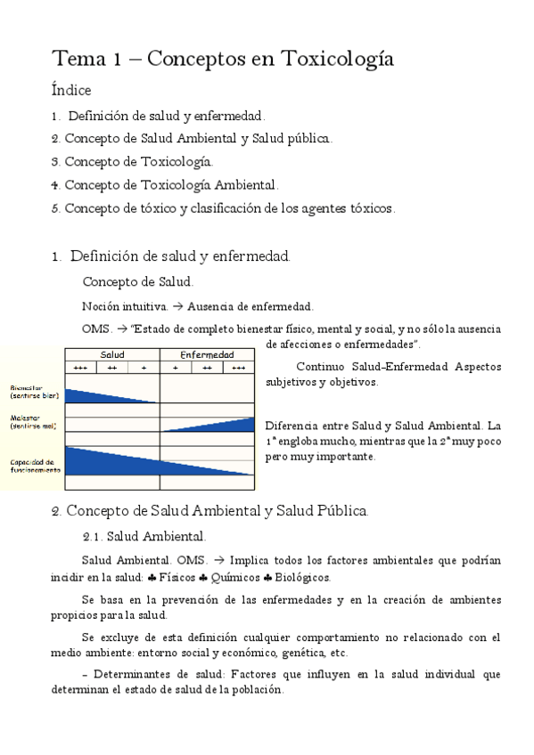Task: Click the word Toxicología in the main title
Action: tap(338, 60)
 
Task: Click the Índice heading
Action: tap(70, 90)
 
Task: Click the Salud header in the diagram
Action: tap(112, 354)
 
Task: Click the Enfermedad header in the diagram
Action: tap(207, 354)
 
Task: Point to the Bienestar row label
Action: tap(32, 391)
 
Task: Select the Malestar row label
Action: tap(32, 421)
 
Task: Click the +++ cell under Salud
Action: tap(80, 367)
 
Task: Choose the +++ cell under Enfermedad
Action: tap(238, 367)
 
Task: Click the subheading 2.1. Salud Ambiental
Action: tap(144, 536)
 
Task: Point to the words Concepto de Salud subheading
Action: tap(137, 282)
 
